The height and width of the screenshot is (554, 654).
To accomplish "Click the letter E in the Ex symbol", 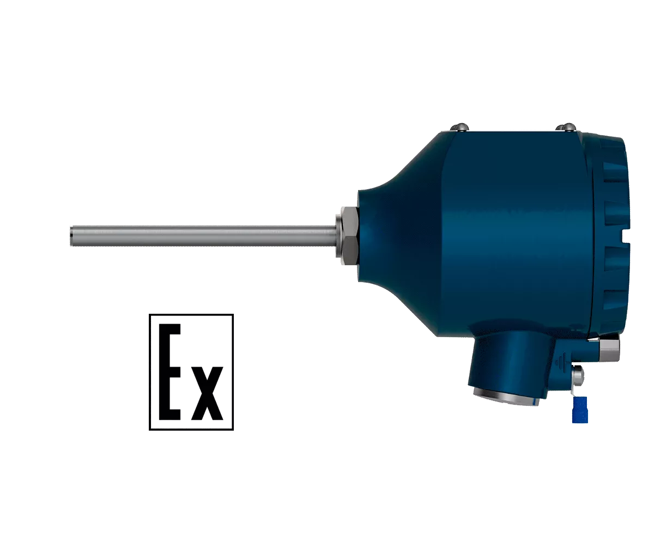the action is click(169, 372).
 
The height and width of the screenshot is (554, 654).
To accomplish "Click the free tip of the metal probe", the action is click(70, 236).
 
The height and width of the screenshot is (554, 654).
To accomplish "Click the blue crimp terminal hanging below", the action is click(580, 410).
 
